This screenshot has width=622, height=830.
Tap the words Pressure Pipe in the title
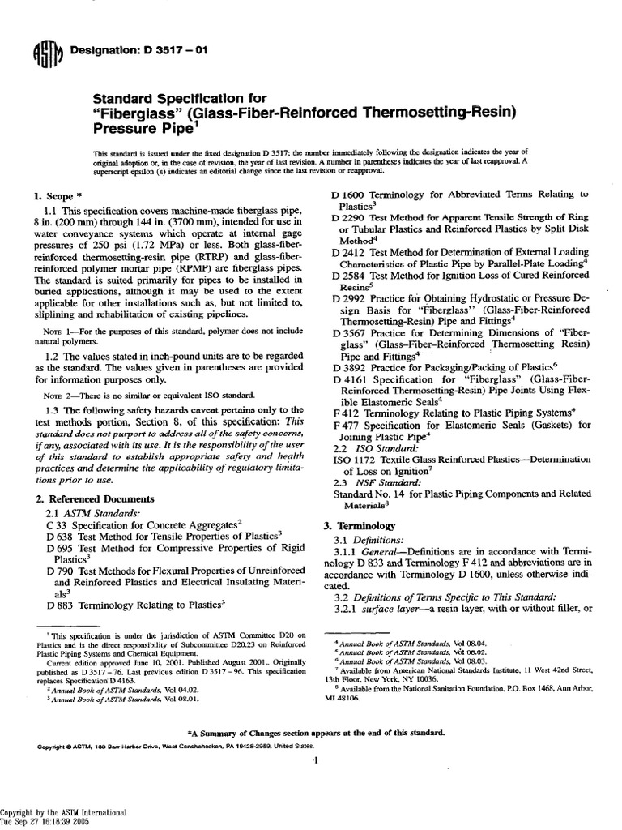pyautogui.click(x=139, y=127)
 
